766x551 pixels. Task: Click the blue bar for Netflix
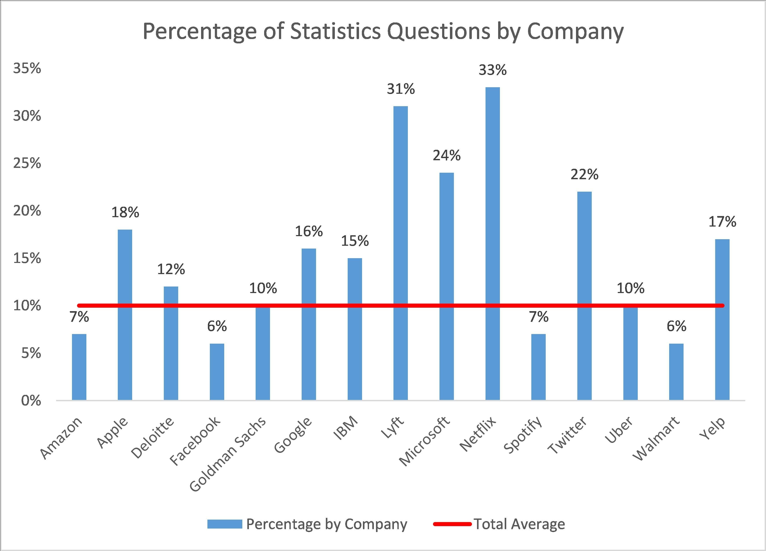click(x=492, y=243)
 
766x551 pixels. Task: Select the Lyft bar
click(x=401, y=253)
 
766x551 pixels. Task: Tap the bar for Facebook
click(x=217, y=371)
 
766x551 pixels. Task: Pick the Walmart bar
click(x=676, y=371)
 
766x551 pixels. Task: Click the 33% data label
click(x=492, y=70)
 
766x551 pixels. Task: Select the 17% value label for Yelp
click(x=722, y=222)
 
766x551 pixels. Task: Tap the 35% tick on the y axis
click(x=27, y=68)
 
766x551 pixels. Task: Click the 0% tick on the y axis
click(x=31, y=401)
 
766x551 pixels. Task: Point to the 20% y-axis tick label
click(x=27, y=211)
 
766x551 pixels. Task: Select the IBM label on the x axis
click(x=345, y=428)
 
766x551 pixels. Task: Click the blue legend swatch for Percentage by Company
click(x=225, y=524)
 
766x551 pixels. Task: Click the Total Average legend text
click(x=519, y=524)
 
